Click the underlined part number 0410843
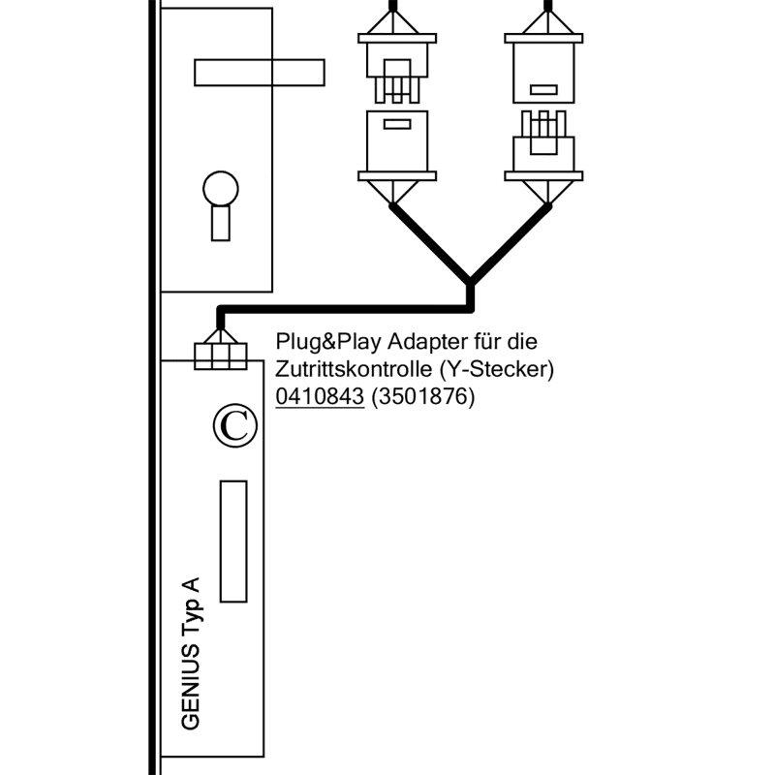coord(320,397)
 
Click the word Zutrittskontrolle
coord(353,370)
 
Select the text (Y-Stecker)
coord(495,370)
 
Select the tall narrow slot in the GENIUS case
coord(233,541)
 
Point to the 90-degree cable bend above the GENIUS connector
coord(222,311)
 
